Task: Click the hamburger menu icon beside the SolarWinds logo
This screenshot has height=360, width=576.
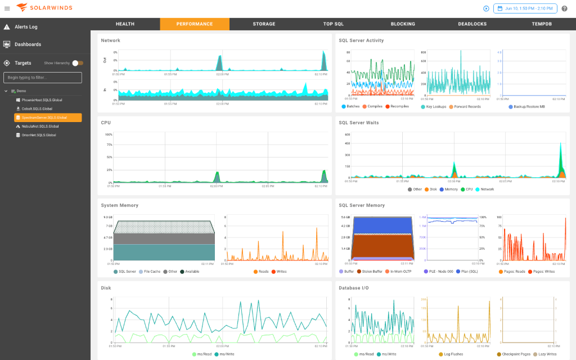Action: click(x=7, y=8)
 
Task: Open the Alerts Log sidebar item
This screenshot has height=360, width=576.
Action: click(x=26, y=27)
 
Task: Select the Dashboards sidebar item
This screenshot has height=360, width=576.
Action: click(x=28, y=44)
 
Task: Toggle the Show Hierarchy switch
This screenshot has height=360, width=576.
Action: click(x=78, y=63)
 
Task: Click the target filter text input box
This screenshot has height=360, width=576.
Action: click(x=43, y=78)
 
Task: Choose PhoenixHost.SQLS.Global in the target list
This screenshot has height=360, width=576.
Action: click(x=42, y=100)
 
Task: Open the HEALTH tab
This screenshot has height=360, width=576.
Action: click(x=125, y=24)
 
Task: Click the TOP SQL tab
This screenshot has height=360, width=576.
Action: click(x=333, y=24)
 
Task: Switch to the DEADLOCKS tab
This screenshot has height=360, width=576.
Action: click(x=472, y=24)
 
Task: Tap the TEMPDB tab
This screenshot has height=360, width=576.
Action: click(x=542, y=24)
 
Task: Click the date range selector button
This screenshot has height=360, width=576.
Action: click(x=525, y=8)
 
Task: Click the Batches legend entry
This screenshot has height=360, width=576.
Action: click(x=353, y=106)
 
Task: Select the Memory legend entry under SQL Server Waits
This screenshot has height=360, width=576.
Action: click(x=451, y=189)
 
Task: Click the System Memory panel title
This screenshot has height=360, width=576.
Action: click(x=119, y=205)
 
